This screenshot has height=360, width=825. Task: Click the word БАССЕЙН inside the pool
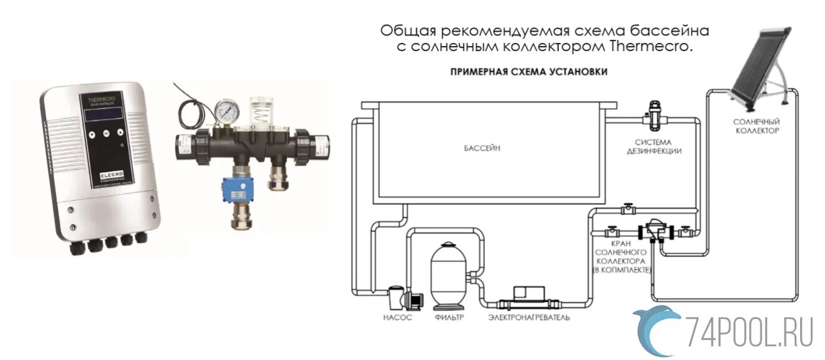[482, 149]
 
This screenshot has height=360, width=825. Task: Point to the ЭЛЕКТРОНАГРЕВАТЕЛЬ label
[528, 317]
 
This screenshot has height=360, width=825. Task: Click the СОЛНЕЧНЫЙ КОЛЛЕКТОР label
[757, 126]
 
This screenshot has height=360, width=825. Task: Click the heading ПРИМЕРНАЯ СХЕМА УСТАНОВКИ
[528, 72]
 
